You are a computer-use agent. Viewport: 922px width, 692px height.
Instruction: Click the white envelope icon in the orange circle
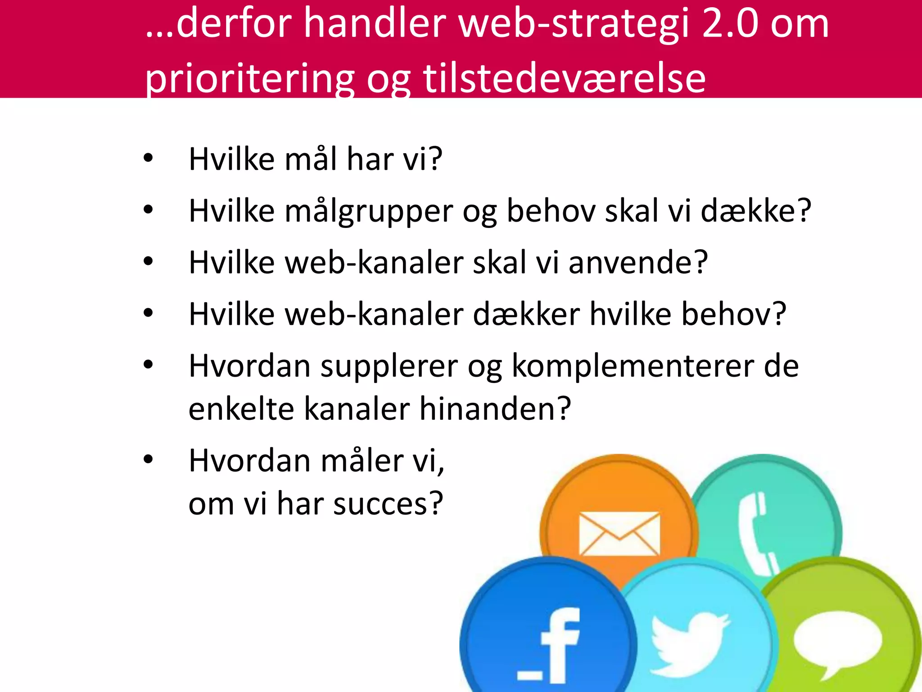coord(619,534)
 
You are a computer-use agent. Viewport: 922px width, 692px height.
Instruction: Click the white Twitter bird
coord(689,642)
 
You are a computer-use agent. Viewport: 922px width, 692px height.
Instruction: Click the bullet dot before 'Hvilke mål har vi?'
coord(148,158)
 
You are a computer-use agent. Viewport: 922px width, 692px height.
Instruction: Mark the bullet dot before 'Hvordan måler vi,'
coord(148,460)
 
